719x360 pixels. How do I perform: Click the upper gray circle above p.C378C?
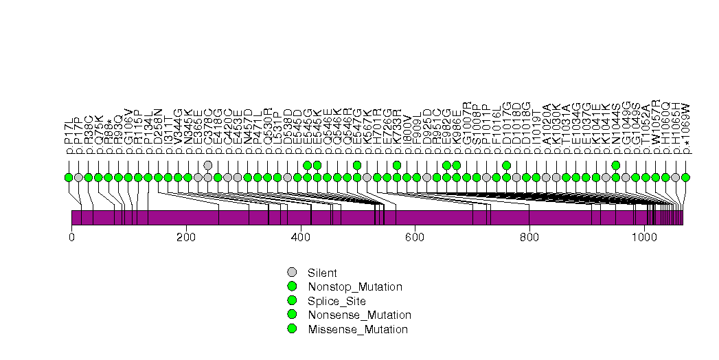coord(208,165)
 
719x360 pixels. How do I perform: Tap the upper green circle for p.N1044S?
coord(616,165)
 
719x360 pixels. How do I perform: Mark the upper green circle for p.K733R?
coord(397,165)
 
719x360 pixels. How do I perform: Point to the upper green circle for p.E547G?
coord(357,165)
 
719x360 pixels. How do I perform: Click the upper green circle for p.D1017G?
coord(506,165)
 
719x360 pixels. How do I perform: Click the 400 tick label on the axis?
coord(301,237)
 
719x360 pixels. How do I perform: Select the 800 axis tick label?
coord(529,237)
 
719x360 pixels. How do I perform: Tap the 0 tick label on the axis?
coord(71,237)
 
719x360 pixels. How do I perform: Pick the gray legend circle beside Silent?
coord(292,272)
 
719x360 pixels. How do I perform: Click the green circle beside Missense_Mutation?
coord(292,329)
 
